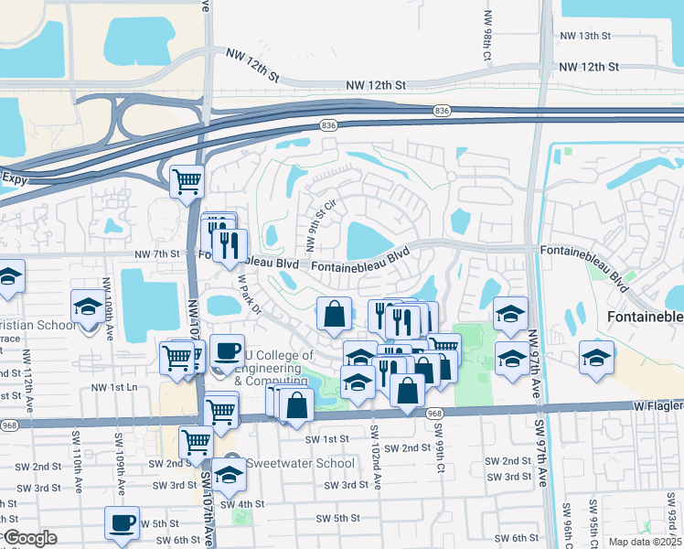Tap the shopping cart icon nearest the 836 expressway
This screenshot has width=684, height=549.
point(187,180)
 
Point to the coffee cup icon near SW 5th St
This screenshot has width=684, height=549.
point(122,523)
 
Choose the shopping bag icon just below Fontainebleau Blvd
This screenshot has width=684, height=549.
point(335,313)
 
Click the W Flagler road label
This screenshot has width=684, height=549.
point(657,404)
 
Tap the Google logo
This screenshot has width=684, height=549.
point(30,538)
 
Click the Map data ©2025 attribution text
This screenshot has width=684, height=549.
point(646,542)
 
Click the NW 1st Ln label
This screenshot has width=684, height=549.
point(113,388)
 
